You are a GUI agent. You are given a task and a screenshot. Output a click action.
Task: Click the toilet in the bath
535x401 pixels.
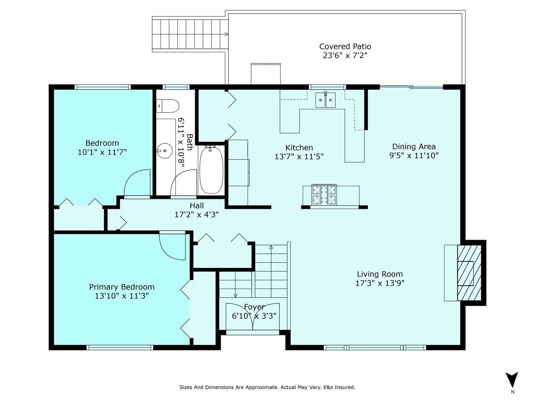167,106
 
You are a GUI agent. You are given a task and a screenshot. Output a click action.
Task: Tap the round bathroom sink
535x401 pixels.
164,151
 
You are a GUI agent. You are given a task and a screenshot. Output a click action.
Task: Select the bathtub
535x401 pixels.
211,170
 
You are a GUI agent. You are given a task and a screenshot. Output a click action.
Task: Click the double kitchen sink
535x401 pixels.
325,100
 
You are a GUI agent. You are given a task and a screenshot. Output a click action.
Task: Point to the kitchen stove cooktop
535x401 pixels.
324,195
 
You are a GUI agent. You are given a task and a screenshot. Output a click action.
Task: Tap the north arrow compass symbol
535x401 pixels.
511,380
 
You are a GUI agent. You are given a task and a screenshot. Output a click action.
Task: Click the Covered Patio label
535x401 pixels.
345,46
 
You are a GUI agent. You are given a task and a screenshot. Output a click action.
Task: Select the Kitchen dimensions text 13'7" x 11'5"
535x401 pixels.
299,156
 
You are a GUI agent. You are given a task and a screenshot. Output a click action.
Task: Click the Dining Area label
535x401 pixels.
414,146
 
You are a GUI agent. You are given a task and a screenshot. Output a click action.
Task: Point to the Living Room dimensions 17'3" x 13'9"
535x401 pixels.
380,283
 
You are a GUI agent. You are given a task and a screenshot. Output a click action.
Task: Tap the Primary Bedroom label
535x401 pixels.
122,287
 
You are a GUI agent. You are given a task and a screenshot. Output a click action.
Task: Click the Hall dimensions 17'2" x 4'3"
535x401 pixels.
197,215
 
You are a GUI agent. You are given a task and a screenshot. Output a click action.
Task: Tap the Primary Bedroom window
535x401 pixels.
120,348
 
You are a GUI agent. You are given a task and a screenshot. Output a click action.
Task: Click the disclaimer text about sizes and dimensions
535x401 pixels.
267,387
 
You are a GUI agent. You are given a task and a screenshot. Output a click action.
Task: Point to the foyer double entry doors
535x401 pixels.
253,317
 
